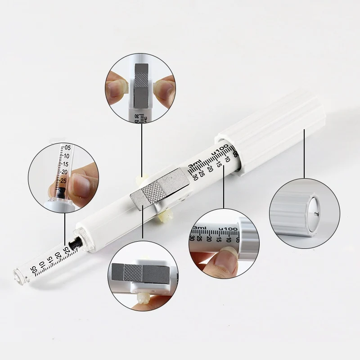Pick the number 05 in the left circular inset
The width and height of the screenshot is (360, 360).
point(67,148)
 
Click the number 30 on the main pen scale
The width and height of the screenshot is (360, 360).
point(195,177)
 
